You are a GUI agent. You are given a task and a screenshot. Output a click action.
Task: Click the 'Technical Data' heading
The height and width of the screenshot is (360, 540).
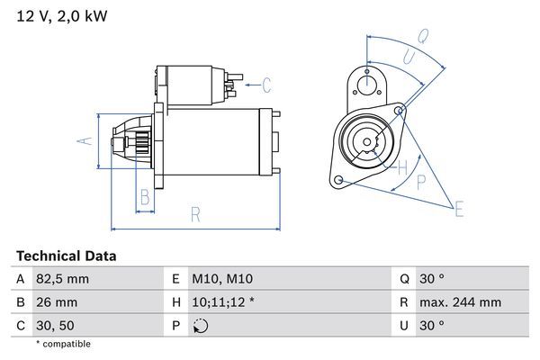pos(66,256)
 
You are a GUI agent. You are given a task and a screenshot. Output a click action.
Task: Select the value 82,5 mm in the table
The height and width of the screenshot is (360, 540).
pos(63,280)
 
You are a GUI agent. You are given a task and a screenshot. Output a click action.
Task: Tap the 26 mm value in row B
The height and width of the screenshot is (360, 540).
pos(57,302)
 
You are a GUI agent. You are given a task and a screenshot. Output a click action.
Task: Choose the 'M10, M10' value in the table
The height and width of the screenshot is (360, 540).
pos(221,280)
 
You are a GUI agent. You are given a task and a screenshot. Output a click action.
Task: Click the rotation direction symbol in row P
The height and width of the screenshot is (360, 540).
pos(200,325)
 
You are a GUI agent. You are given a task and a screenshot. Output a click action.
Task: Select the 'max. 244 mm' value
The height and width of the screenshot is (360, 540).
pos(463,302)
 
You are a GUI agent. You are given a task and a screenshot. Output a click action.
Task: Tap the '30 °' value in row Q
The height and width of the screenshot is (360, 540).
pos(435,280)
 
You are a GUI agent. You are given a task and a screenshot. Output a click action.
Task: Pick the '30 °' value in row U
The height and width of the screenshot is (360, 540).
pos(435,325)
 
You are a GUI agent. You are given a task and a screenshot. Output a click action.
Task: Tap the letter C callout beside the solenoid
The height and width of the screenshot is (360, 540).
pos(266,86)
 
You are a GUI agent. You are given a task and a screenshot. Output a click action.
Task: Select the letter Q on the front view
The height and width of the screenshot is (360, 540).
pos(422,36)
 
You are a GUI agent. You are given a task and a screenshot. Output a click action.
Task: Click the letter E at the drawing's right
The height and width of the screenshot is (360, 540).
pos(459,210)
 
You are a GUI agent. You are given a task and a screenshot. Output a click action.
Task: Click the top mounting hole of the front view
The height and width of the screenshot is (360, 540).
pos(367,84)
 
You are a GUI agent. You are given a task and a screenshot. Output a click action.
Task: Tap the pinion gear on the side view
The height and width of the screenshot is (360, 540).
pos(140,142)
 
